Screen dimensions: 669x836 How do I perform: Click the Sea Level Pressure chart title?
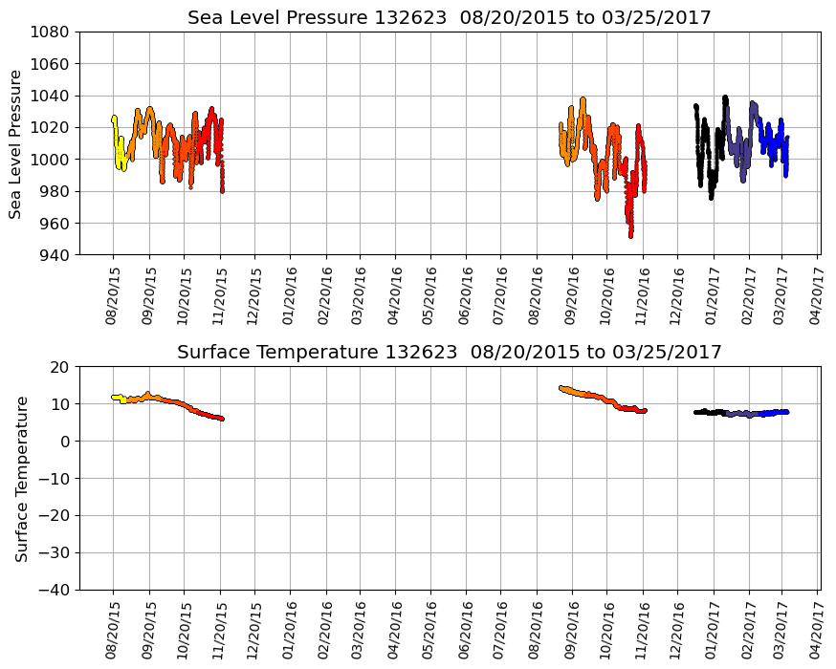click(449, 18)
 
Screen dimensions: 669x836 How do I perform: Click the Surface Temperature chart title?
click(449, 353)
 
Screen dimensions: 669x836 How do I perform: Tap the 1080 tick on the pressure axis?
click(54, 32)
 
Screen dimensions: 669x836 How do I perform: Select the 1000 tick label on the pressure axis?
click(54, 160)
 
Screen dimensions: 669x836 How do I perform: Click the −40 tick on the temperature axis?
click(55, 590)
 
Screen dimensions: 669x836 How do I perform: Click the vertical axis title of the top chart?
click(16, 143)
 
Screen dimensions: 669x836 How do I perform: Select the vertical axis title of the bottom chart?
click(20, 478)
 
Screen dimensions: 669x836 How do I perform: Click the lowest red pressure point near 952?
click(630, 235)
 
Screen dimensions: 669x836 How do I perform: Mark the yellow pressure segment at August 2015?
click(119, 153)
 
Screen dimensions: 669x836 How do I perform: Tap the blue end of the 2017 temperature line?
click(785, 412)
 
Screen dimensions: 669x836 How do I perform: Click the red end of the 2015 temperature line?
click(221, 419)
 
